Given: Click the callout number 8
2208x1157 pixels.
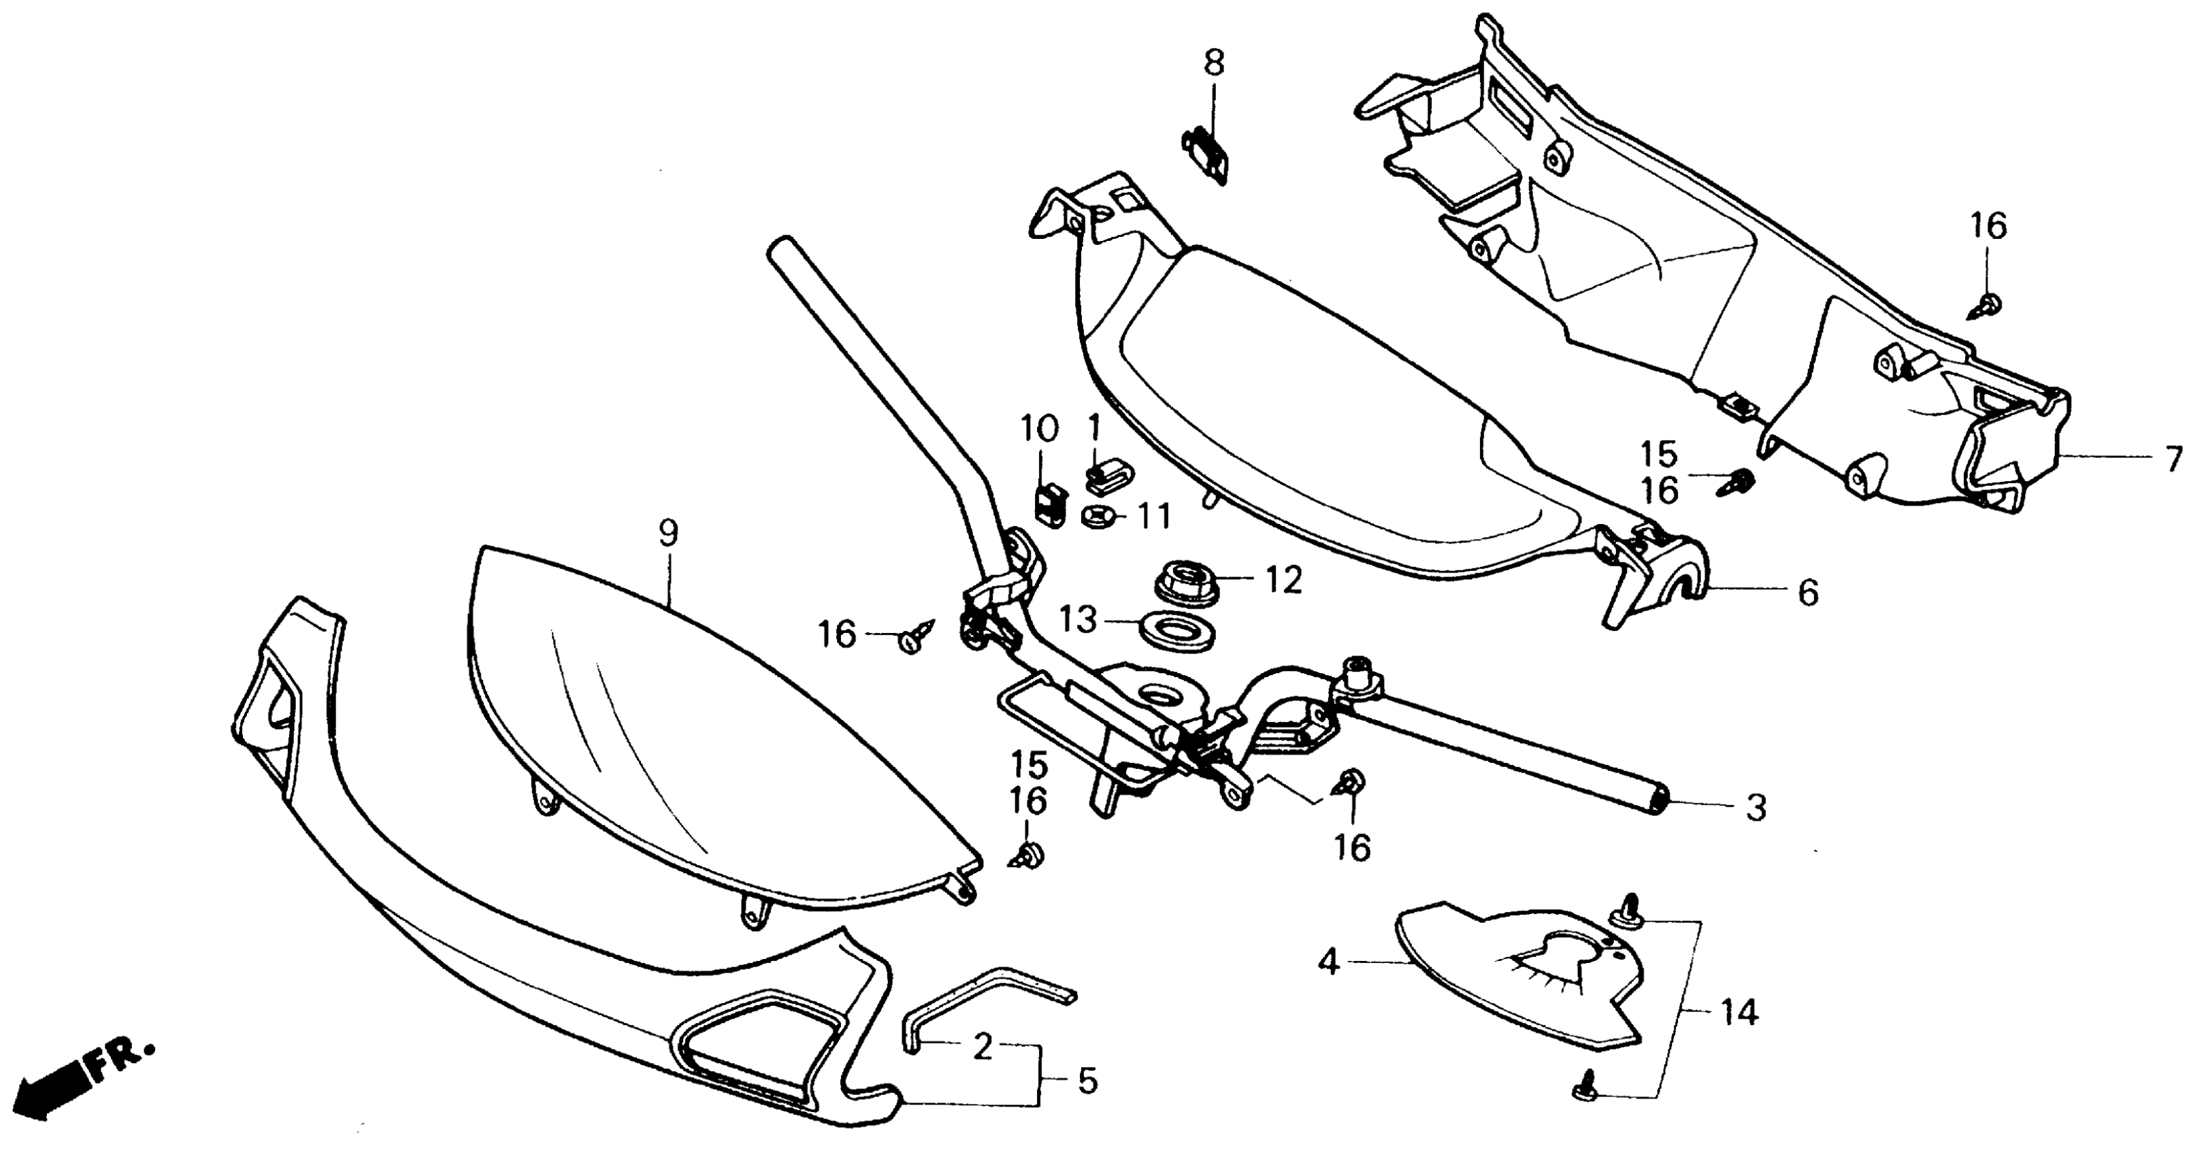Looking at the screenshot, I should (x=1214, y=63).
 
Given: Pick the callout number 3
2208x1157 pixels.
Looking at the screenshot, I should (x=1756, y=807).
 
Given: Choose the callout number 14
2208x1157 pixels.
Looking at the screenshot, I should (x=1739, y=1012).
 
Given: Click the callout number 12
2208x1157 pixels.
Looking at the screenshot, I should (x=1283, y=581).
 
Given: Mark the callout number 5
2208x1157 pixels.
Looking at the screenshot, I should (x=1087, y=1081).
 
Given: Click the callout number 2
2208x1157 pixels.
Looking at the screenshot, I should (x=983, y=1047).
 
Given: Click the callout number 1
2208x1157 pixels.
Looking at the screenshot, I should (x=1093, y=426).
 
